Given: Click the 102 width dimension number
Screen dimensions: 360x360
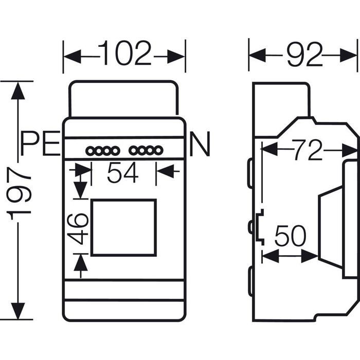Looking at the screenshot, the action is coord(124,53).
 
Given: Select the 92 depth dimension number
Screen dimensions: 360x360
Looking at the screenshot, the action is coord(305,55).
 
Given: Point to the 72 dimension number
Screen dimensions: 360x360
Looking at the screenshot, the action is coord(308,150).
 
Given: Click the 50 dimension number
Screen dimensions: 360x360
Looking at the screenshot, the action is coord(290,236).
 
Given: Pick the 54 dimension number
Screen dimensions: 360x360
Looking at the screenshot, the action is coord(123,172).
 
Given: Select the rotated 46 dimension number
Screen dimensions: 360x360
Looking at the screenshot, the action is coord(78,229).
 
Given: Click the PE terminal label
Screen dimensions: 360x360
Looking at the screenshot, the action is coord(41,143).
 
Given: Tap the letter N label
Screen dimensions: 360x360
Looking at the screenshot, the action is coord(200,144).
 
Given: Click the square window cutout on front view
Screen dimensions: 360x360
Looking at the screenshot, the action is coord(92,227).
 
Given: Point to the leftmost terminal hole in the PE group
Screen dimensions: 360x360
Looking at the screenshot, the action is coord(91,151).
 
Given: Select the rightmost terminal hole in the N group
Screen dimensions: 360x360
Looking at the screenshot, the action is coord(158,151).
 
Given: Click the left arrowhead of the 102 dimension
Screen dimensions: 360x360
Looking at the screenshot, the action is coord(72,56).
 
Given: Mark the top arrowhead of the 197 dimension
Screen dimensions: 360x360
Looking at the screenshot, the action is coord(18,91).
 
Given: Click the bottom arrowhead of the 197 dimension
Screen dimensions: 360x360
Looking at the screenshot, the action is coord(18,311).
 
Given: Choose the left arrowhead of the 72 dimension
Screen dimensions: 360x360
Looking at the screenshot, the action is coord(269,149).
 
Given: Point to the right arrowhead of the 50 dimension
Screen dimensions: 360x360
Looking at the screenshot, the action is coord(310,256).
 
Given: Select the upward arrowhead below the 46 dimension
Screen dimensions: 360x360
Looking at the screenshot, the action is coord(81,263).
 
